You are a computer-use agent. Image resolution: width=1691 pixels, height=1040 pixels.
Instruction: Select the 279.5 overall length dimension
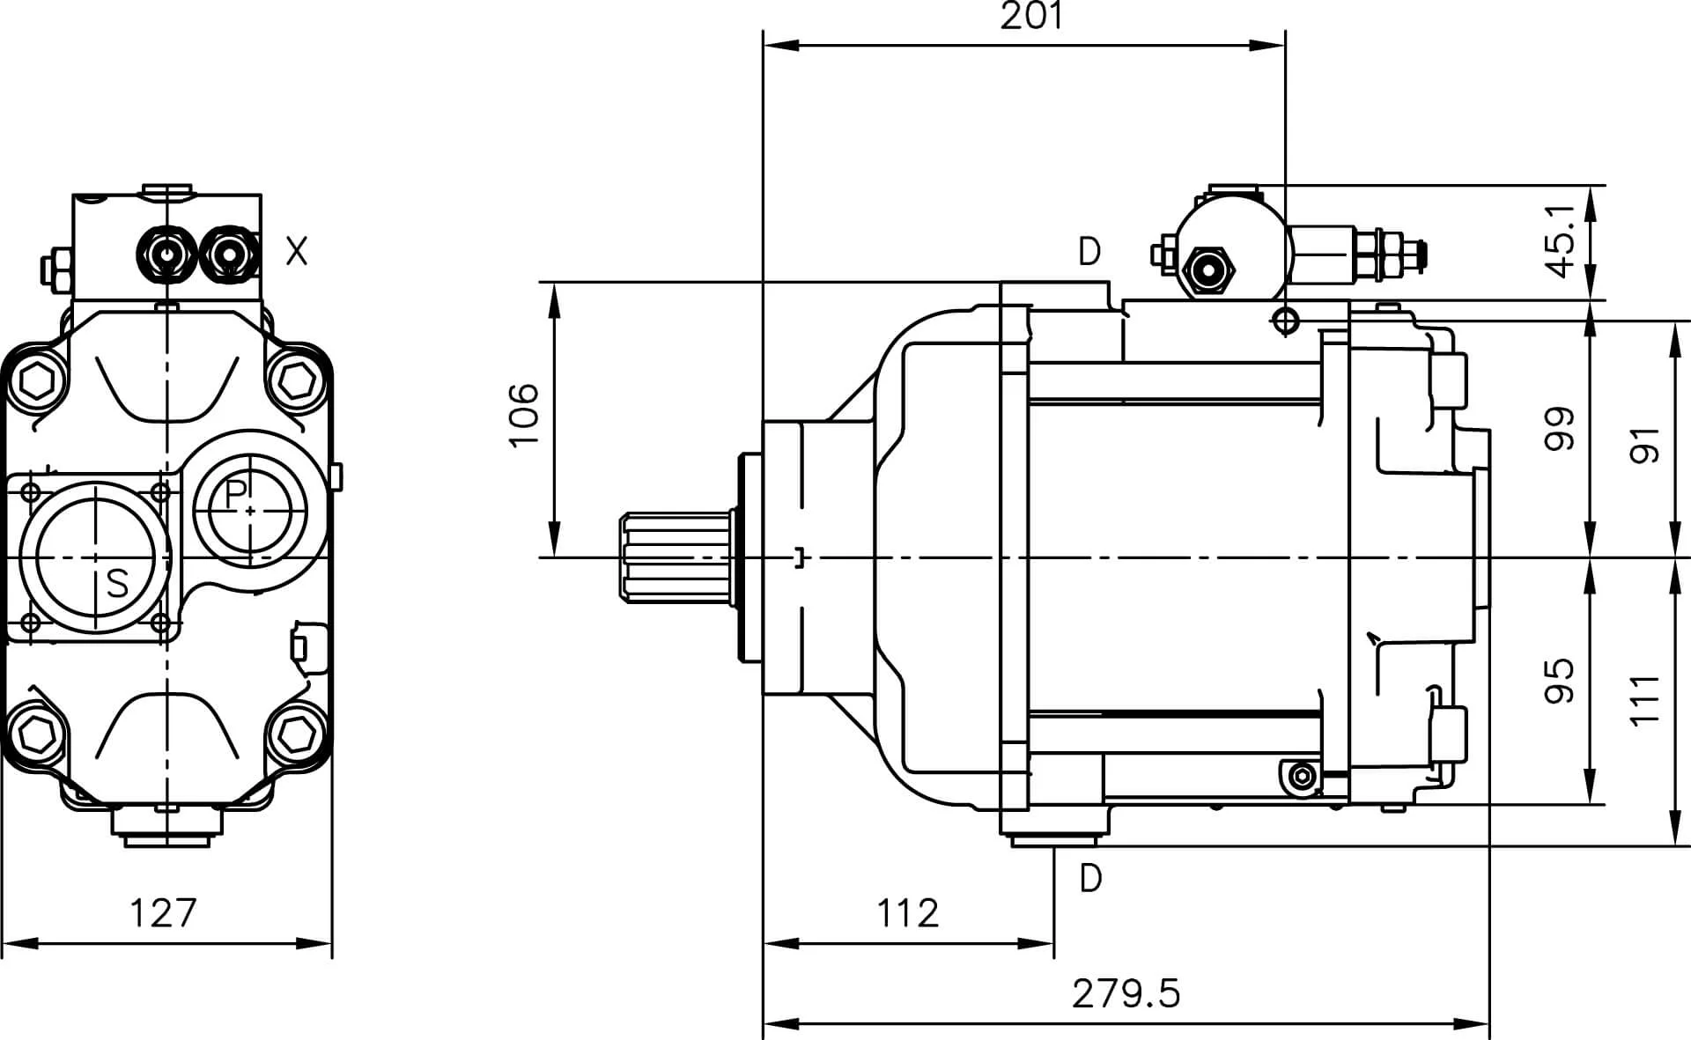(x=1126, y=993)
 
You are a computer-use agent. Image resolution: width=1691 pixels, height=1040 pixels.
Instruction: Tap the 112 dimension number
(x=907, y=913)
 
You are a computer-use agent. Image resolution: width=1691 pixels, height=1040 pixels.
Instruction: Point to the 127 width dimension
(x=163, y=913)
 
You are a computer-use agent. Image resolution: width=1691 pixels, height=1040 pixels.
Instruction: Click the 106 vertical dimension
(x=524, y=415)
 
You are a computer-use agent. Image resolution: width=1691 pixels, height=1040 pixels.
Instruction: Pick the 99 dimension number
(x=1561, y=429)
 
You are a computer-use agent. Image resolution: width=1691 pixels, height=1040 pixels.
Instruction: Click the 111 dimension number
(x=1645, y=701)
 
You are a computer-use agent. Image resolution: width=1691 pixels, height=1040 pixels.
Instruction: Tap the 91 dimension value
(x=1645, y=445)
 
